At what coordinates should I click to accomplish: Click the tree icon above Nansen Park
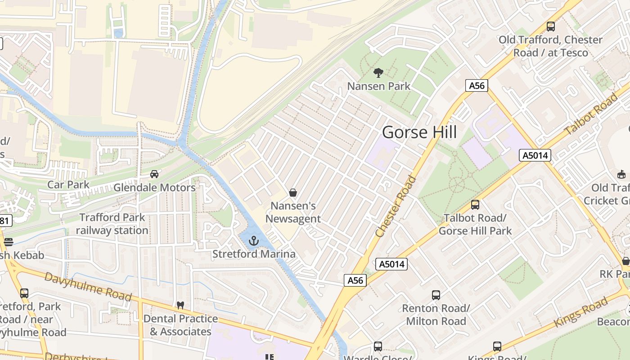coord(378,72)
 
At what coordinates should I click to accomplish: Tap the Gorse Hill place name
coord(419,132)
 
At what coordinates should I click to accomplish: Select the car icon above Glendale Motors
coord(154,174)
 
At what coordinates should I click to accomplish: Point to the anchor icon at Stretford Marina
coord(254,241)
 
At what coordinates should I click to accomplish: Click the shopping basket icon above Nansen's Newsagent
coord(293,193)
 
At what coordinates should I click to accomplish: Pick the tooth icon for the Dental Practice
coord(180,305)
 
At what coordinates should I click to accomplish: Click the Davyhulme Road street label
coord(88,286)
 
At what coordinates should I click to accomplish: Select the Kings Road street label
coord(580,313)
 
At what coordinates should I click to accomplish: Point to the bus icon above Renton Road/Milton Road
coord(436,295)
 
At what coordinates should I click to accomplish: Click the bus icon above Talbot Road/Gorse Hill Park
coord(475,205)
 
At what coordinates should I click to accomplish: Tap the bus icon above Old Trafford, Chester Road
coord(550,27)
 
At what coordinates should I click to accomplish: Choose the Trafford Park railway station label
coord(112,224)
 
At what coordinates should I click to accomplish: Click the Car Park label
coord(68,184)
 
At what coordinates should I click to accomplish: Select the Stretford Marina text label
coord(254,254)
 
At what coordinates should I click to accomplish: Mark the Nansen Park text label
coord(379,86)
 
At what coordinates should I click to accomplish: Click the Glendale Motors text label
coord(154,188)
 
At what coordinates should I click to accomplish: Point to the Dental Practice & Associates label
coord(180,325)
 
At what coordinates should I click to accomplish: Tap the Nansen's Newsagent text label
coord(293,212)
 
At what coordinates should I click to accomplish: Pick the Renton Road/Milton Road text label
coord(436,315)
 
